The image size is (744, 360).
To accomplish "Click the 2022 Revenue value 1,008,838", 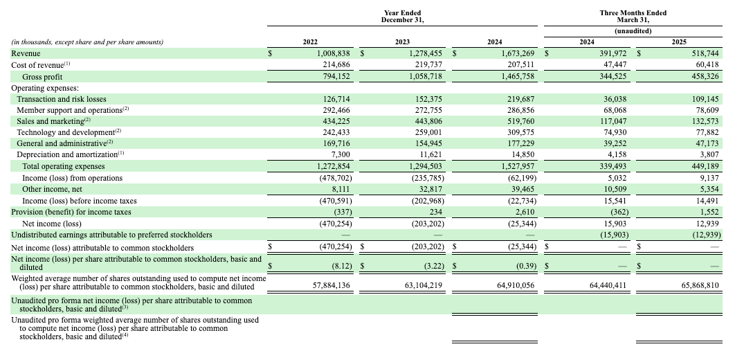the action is click(334, 54).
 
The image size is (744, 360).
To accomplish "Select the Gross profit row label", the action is click(42, 77).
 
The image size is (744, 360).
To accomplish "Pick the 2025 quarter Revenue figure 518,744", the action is click(705, 54).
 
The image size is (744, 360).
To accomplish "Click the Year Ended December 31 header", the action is click(402, 17).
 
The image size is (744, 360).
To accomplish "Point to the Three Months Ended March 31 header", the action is click(633, 17).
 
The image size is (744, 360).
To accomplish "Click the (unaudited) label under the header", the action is click(633, 31).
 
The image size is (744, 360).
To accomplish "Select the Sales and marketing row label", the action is click(53, 121).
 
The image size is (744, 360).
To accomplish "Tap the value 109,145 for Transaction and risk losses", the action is click(705, 99).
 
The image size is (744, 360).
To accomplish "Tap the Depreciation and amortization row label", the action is click(70, 154).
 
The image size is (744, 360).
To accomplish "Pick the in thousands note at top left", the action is click(87, 42).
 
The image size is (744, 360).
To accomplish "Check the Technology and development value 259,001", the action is click(428, 132).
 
